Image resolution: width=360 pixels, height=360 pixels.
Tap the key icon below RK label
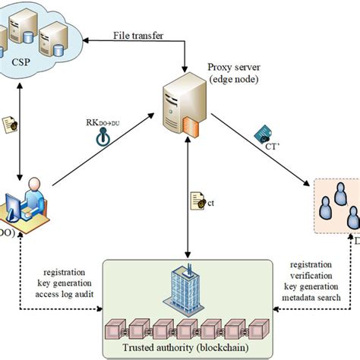(102, 138)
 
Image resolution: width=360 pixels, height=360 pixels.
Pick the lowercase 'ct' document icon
(196, 201)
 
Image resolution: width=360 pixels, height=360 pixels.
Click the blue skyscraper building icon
(186, 286)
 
